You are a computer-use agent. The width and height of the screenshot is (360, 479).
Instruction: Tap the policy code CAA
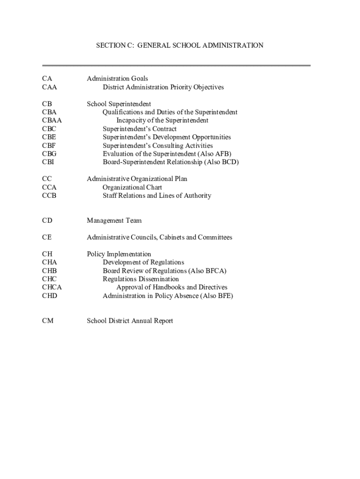(49, 87)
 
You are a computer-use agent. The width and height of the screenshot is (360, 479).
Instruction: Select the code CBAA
(51, 120)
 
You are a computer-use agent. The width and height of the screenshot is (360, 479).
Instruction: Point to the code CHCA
(51, 287)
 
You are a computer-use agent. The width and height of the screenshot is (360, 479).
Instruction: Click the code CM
(47, 320)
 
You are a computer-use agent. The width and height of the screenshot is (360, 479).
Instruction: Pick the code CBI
(48, 162)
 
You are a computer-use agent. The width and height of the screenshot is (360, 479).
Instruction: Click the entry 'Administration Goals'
(117, 79)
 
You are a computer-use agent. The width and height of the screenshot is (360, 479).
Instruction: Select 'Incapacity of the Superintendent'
(162, 120)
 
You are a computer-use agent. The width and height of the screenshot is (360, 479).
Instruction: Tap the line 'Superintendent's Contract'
(140, 129)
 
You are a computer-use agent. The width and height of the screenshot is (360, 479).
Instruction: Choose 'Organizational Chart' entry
(132, 187)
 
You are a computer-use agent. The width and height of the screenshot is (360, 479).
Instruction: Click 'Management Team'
(114, 220)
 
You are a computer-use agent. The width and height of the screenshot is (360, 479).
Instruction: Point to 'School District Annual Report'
(130, 320)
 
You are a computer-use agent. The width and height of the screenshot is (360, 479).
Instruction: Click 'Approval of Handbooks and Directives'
(172, 287)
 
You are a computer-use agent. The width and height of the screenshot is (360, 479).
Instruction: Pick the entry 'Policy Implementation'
(119, 254)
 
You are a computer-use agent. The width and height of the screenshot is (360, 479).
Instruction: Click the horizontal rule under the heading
(176, 65)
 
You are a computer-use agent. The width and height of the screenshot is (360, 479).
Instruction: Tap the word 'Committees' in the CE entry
(214, 237)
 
